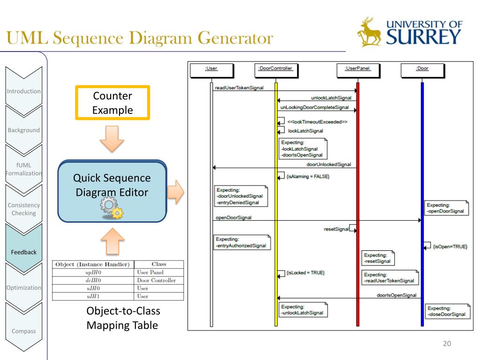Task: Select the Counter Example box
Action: [x=112, y=103]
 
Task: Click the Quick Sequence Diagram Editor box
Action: [x=112, y=191]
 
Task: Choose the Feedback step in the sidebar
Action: [x=24, y=252]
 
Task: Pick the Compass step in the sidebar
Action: [x=24, y=331]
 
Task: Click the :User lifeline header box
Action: [x=211, y=68]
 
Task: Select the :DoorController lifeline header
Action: [x=275, y=68]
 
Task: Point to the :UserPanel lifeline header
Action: [x=357, y=68]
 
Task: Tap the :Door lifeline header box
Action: [x=422, y=68]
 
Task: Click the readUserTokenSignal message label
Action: [x=239, y=87]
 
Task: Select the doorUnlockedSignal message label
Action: [x=329, y=164]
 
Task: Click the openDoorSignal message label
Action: [x=233, y=217]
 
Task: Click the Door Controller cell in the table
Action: [x=156, y=280]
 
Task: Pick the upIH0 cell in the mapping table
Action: [x=94, y=272]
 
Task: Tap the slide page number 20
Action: [x=447, y=344]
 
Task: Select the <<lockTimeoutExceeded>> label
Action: [x=317, y=122]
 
